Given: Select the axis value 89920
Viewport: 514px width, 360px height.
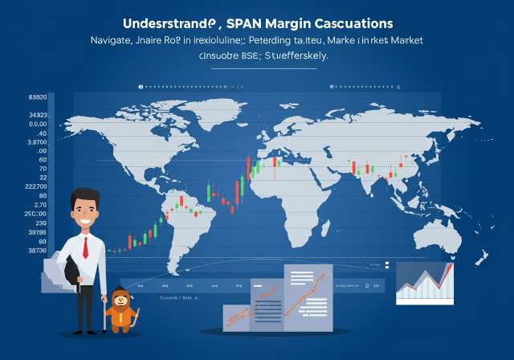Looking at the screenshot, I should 38,98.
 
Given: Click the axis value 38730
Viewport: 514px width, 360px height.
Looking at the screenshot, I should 38,252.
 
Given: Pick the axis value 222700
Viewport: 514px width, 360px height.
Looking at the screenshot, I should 38,186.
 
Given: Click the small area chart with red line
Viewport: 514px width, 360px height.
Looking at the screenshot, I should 424,283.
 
